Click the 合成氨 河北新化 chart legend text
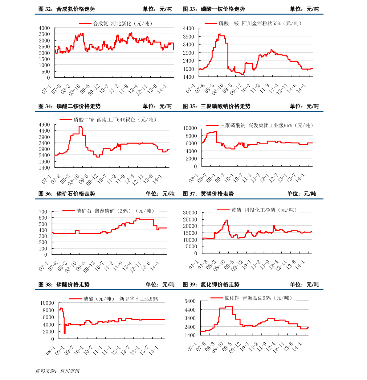pos(123,23)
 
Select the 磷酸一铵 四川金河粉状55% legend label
pos(260,23)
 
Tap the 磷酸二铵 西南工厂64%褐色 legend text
pos(115,120)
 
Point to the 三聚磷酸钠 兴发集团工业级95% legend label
pos(267,126)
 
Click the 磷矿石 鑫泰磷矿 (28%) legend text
pos(115,211)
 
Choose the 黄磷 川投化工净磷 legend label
pos(264,210)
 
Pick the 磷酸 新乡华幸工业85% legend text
pos(121,299)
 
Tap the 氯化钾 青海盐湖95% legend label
pos(258,298)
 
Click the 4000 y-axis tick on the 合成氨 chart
pos(44,28)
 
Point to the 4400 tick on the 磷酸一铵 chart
pos(188,29)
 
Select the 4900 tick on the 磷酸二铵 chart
pos(44,125)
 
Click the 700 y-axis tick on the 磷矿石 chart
pos(43,212)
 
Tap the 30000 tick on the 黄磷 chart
pos(190,213)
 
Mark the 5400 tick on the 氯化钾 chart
pos(190,301)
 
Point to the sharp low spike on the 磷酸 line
pos(64,332)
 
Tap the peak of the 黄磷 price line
pos(226,220)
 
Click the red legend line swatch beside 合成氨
pos(85,23)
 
